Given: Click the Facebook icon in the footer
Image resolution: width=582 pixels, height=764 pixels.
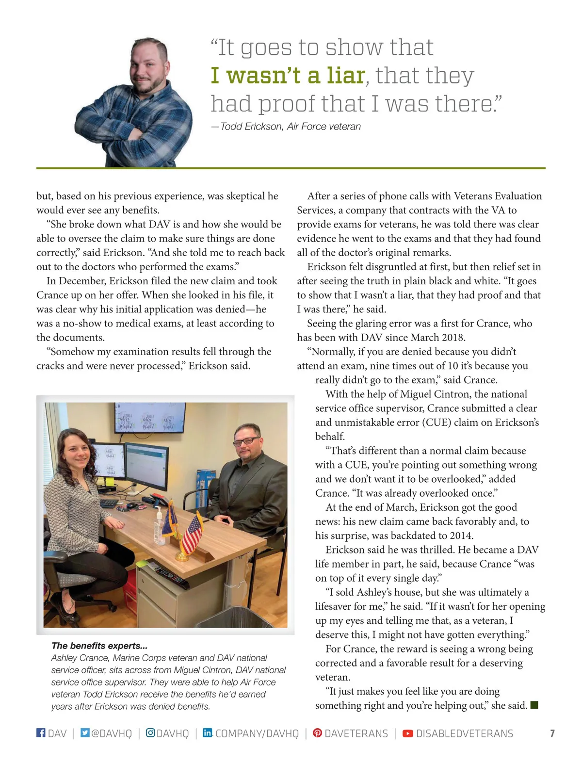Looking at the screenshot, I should pyautogui.click(x=41, y=732).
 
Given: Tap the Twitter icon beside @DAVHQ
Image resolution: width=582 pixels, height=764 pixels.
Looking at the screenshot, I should pyautogui.click(x=85, y=732).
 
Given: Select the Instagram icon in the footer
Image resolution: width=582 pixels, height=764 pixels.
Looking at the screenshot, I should pyautogui.click(x=150, y=732).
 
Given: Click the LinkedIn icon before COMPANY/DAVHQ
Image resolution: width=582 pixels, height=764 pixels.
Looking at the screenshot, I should pyautogui.click(x=207, y=732).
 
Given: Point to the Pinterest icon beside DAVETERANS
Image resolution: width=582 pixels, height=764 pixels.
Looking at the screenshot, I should pyautogui.click(x=317, y=732).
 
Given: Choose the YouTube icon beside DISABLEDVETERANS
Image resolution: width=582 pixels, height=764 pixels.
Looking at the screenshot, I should pyautogui.click(x=408, y=733).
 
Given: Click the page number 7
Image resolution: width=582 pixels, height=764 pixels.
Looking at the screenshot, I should pyautogui.click(x=552, y=733).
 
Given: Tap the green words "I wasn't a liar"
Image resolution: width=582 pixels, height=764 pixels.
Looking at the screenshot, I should pyautogui.click(x=288, y=75).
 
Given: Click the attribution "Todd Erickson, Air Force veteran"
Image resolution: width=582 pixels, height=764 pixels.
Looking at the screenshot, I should pyautogui.click(x=290, y=127).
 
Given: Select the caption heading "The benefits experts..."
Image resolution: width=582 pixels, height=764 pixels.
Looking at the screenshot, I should pyautogui.click(x=99, y=646).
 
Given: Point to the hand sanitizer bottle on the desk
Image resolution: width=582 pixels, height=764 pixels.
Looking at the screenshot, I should pyautogui.click(x=159, y=526).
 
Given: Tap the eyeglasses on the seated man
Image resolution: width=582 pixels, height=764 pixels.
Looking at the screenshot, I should pyautogui.click(x=246, y=441).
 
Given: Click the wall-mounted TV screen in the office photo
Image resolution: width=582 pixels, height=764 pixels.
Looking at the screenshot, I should pyautogui.click(x=150, y=417).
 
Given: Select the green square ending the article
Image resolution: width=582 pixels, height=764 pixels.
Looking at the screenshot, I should pyautogui.click(x=534, y=705).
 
